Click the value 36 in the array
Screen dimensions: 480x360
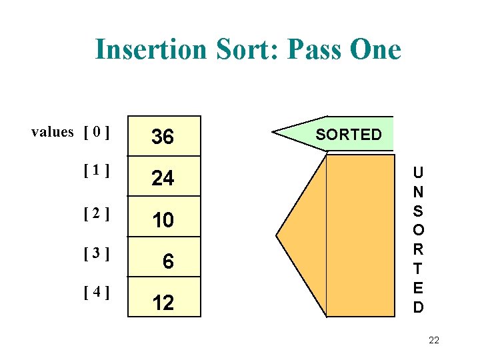(x=163, y=137)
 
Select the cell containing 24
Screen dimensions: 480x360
(x=163, y=178)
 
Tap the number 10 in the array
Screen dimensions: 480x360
(x=163, y=220)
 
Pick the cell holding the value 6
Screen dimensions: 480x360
(x=168, y=262)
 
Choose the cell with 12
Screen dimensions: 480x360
(x=163, y=303)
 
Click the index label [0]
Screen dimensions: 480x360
(x=97, y=132)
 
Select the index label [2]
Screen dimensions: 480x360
(x=97, y=213)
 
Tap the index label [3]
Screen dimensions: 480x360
(x=97, y=253)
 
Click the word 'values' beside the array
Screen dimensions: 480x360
(x=53, y=132)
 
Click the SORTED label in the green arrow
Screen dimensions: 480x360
(x=349, y=135)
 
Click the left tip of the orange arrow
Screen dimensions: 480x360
(x=277, y=237)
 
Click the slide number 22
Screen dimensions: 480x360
(x=433, y=341)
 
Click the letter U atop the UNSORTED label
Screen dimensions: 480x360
(x=418, y=172)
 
